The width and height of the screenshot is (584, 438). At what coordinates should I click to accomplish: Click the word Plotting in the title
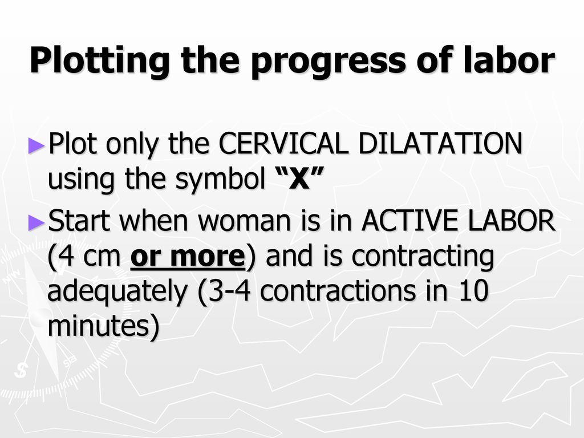pyautogui.click(x=99, y=60)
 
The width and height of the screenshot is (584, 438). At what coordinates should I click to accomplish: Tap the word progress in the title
pyautogui.click(x=328, y=63)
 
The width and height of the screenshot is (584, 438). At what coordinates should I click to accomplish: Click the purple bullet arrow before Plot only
pyautogui.click(x=36, y=145)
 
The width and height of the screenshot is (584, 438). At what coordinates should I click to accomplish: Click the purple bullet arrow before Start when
pyautogui.click(x=36, y=223)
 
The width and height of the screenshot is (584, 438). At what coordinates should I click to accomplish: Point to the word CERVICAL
pyautogui.click(x=283, y=143)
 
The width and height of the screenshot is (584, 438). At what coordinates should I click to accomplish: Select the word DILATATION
pyautogui.click(x=440, y=143)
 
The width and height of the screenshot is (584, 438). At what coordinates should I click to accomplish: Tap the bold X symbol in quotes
pyautogui.click(x=300, y=178)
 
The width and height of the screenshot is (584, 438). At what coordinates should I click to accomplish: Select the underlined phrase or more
pyautogui.click(x=188, y=256)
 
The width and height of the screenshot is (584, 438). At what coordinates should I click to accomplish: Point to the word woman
pyautogui.click(x=244, y=221)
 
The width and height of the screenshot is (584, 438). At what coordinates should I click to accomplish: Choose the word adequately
pyautogui.click(x=117, y=291)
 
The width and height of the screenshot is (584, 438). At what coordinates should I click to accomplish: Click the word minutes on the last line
pyautogui.click(x=99, y=326)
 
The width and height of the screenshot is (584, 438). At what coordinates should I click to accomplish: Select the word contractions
pyautogui.click(x=338, y=291)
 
